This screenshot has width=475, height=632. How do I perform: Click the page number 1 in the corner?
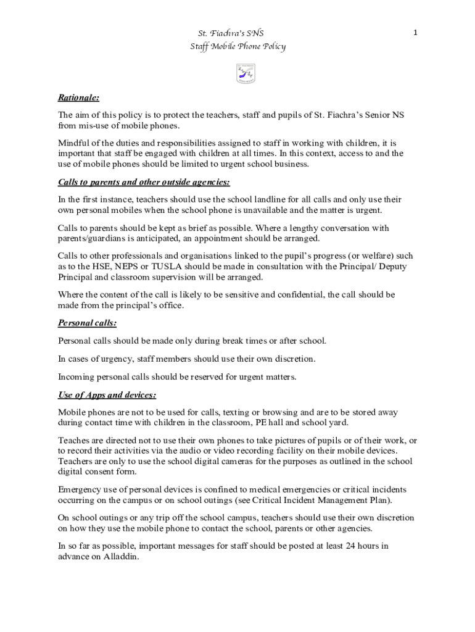(416, 32)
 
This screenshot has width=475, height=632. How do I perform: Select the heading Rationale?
(78, 98)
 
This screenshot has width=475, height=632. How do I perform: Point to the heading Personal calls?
(87, 323)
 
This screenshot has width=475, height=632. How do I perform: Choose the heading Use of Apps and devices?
(107, 394)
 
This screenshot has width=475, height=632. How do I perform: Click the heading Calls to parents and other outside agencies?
(144, 182)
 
